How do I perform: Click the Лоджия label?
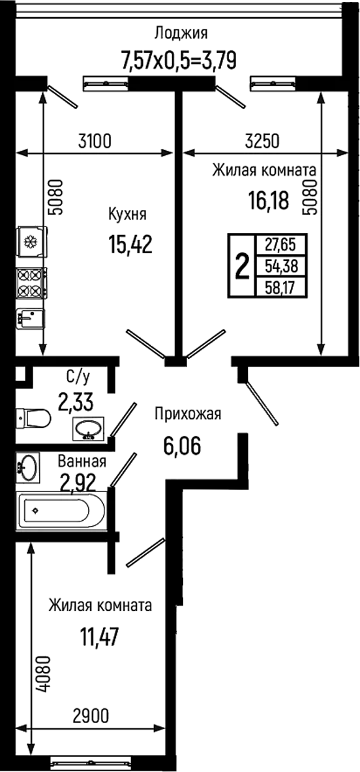tap(181, 34)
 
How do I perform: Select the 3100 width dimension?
tap(95, 142)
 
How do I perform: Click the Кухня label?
tap(128, 215)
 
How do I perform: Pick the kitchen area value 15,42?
tap(130, 243)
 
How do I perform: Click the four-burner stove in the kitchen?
tap(31, 283)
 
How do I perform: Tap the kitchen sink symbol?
tap(30, 318)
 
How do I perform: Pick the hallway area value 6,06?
tap(182, 446)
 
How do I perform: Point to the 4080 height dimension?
tap(43, 674)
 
